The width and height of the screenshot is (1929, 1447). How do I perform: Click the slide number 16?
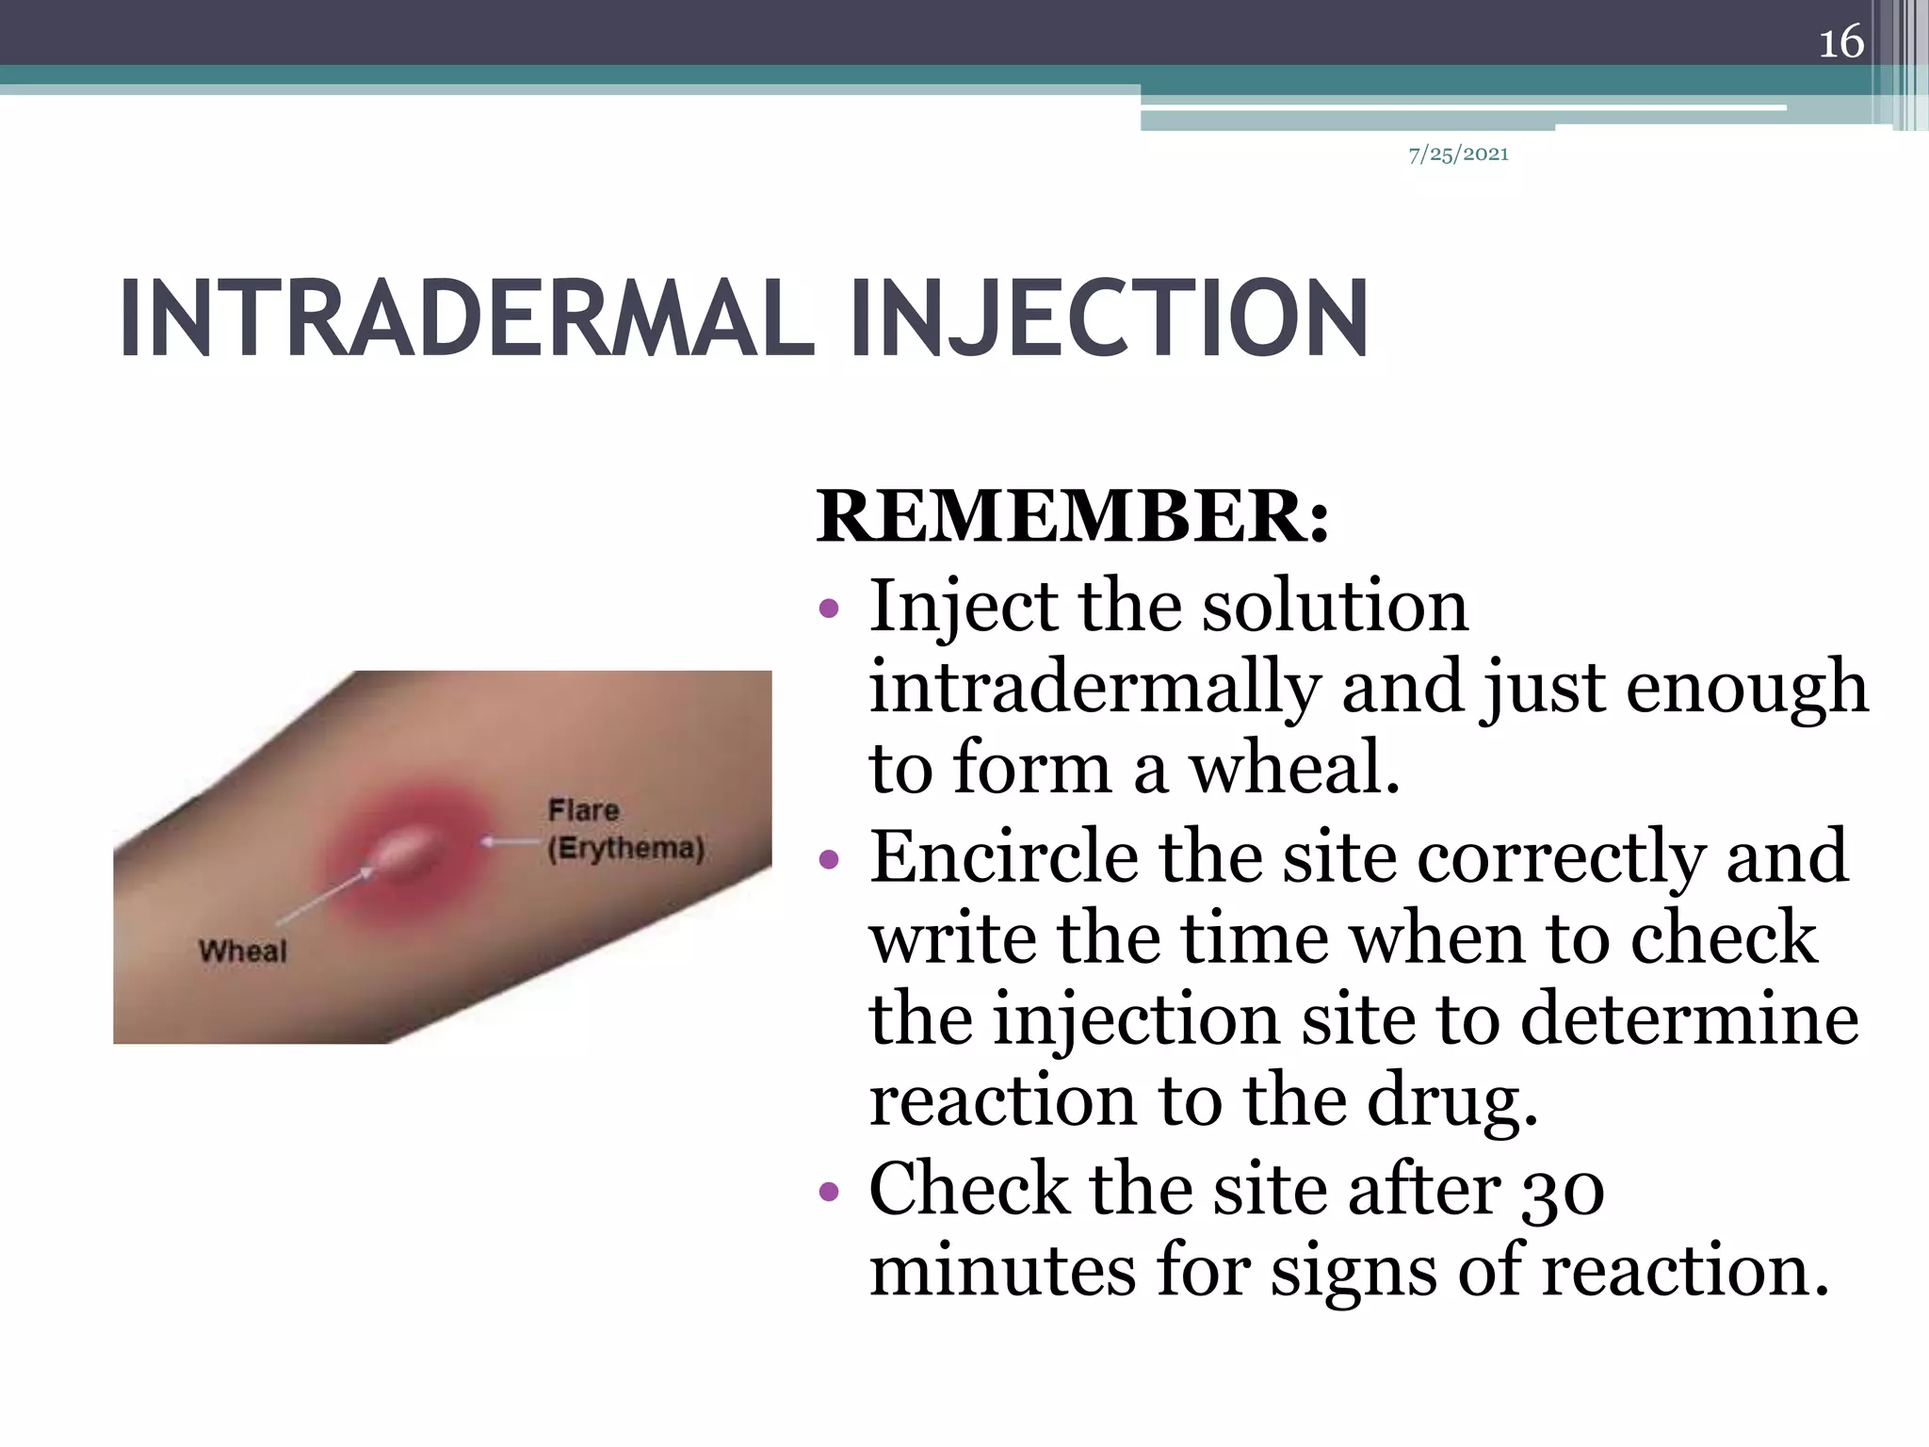coord(1840,42)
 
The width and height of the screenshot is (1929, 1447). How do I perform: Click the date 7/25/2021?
coord(1458,154)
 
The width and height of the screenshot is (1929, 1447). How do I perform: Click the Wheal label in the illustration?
coord(243,951)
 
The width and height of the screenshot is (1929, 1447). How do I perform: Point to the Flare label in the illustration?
coord(584,809)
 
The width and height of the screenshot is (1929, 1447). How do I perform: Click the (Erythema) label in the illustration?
coord(626,848)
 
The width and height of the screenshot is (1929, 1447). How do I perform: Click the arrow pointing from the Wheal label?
coord(325,896)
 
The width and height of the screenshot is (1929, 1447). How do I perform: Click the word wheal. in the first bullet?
coord(1294,769)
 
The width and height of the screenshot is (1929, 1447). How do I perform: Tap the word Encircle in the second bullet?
coord(1004,856)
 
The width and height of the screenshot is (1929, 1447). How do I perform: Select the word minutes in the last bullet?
coord(1002,1271)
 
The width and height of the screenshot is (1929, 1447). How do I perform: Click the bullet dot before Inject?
coord(829,609)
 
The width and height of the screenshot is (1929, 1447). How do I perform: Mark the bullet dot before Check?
coord(829,1193)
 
